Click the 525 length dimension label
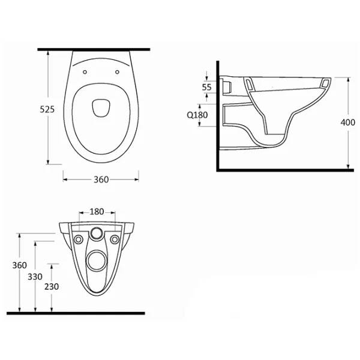(47, 110)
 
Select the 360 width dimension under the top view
(101, 179)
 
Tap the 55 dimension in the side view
(206, 87)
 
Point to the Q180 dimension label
(197, 115)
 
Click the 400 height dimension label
(347, 122)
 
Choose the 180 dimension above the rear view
(97, 211)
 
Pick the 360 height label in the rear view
(20, 265)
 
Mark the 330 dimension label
(35, 277)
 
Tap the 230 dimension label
(52, 287)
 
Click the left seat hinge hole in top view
(85, 72)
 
